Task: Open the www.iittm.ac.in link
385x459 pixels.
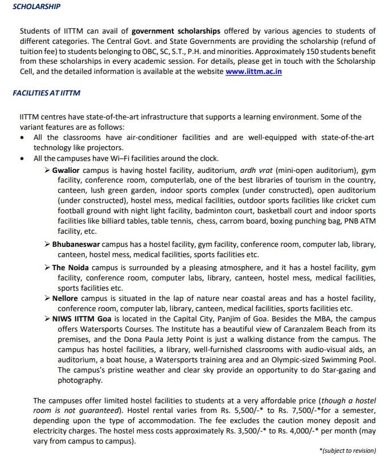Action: point(253,71)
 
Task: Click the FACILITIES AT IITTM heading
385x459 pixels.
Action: point(46,93)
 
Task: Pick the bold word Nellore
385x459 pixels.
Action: point(64,297)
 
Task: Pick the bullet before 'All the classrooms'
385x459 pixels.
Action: point(22,138)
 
